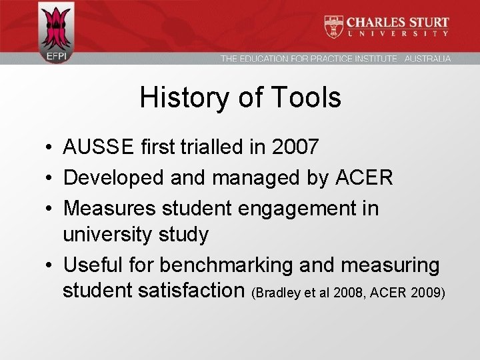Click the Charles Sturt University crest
pyautogui.click(x=334, y=27)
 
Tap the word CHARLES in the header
pyautogui.click(x=377, y=22)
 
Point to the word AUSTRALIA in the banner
pyautogui.click(x=427, y=59)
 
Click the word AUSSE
pyautogui.click(x=99, y=147)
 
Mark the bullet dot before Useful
pyautogui.click(x=50, y=266)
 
